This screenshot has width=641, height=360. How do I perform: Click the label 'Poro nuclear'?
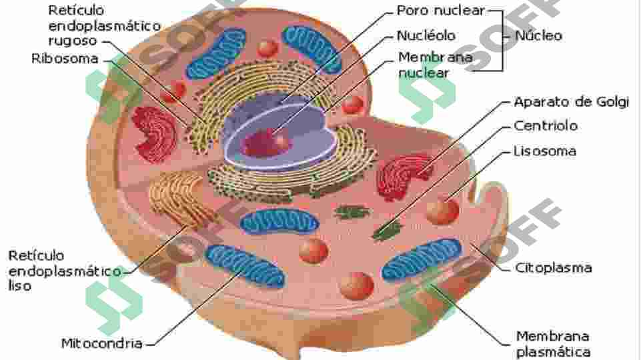tap(441, 11)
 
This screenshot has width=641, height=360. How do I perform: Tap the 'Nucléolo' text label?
tap(426, 35)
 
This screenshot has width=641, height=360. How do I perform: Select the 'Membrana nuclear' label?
tap(436, 65)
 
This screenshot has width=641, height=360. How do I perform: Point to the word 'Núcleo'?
tap(538, 35)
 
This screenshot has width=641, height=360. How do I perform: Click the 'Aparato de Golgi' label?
tap(571, 102)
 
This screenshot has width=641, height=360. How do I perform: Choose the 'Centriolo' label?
tap(546, 126)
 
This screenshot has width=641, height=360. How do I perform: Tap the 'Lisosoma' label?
tap(545, 151)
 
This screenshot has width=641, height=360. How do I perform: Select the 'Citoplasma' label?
tap(553, 268)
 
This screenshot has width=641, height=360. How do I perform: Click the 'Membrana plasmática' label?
tap(553, 344)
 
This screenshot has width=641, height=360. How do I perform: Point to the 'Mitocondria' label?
tap(102, 343)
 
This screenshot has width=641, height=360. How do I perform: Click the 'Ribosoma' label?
tap(65, 59)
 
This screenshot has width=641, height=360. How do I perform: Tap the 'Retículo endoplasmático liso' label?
tap(65, 271)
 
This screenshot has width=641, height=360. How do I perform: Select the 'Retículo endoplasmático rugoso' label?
tap(104, 25)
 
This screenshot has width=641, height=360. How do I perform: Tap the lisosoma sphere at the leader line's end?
tap(442, 211)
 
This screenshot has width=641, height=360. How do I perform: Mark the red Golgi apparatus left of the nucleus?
tap(154, 134)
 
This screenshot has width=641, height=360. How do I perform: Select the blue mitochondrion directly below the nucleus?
tap(279, 223)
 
